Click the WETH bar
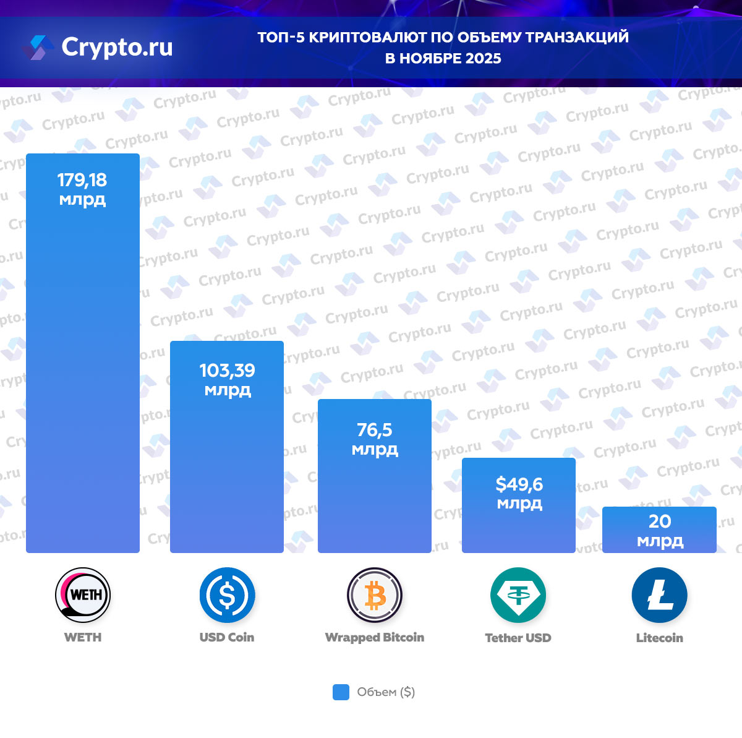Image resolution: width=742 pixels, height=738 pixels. [x=83, y=371]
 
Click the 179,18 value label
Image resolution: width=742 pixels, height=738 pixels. [x=82, y=181]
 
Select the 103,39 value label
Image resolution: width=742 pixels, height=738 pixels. [x=227, y=371]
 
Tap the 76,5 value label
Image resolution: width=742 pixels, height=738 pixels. [x=375, y=430]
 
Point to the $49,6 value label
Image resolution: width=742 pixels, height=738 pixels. [x=519, y=484]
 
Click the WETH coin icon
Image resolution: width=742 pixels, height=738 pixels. [x=83, y=595]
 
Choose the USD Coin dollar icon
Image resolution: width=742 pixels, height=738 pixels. [x=227, y=595]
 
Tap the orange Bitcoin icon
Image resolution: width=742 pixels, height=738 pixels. [x=375, y=595]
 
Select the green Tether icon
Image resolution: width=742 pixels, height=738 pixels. [x=518, y=595]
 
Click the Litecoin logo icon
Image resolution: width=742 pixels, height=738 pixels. [x=659, y=595]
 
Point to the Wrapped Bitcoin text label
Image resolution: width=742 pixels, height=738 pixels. [x=375, y=638]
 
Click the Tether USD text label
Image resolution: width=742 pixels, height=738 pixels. [x=518, y=638]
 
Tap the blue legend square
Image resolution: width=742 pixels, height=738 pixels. [x=341, y=692]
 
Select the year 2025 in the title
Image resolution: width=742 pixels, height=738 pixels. [x=484, y=59]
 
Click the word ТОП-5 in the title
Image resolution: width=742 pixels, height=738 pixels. [x=281, y=38]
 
